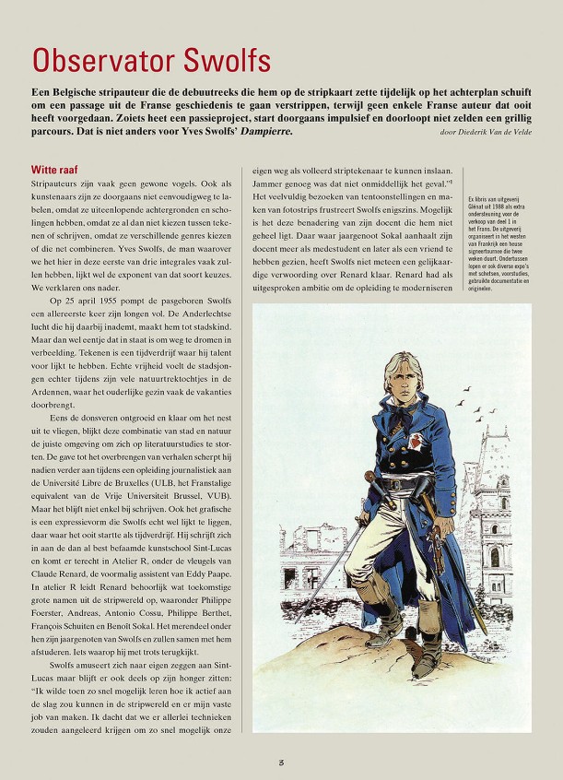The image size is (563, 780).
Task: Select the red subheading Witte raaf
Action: coord(54,170)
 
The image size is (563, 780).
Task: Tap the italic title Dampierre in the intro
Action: coord(264,132)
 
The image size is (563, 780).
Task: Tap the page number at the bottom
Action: coord(281,762)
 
